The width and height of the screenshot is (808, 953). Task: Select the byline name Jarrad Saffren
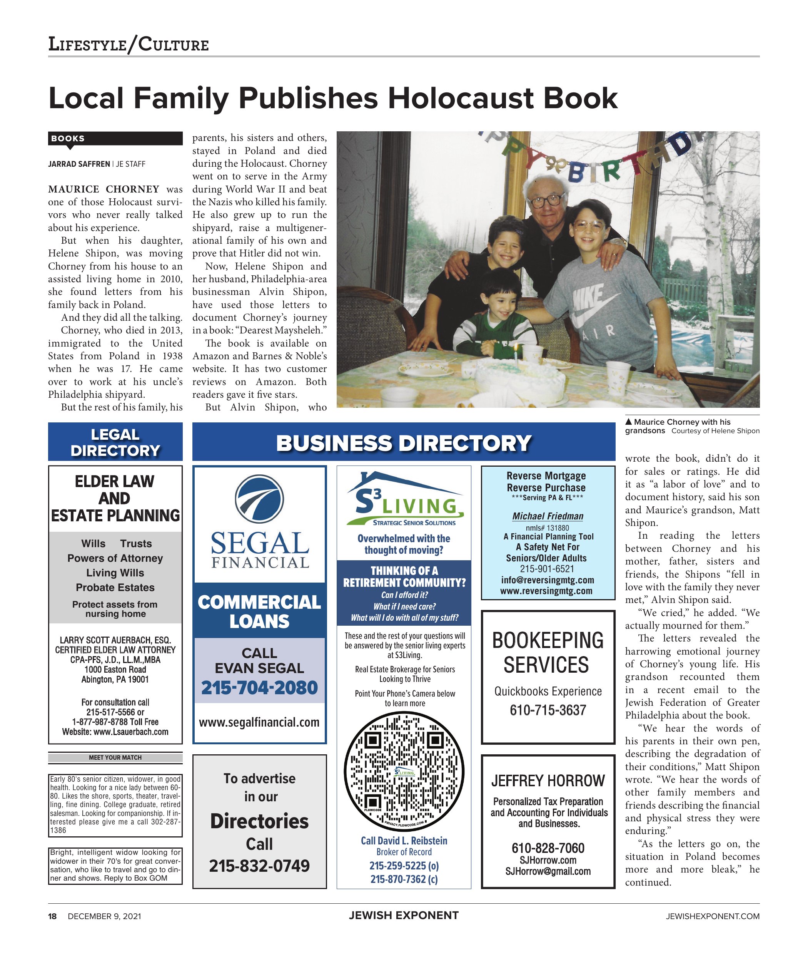pos(79,164)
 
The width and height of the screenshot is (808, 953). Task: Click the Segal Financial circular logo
pos(259,499)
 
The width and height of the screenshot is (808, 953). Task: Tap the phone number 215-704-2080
pos(259,688)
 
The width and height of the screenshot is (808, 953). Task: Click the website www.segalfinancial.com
pos(259,722)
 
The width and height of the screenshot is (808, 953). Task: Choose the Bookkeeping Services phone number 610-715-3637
pos(548,710)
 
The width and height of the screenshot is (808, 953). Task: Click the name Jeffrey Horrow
pos(548,780)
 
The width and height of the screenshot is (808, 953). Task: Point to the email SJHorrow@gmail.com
pos(548,871)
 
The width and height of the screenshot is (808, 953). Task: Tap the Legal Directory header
pos(115,442)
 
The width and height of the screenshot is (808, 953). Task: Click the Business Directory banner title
pos(404,443)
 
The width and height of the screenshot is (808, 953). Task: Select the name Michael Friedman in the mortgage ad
pos(548,516)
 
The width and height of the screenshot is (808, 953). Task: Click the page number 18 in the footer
pos(53,916)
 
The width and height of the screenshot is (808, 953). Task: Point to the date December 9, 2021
pos(104,916)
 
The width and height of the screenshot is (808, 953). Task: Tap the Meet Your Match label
pos(115,758)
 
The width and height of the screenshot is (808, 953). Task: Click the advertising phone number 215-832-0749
pos(259,866)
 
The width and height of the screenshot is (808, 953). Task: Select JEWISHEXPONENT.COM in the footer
pos(713,916)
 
